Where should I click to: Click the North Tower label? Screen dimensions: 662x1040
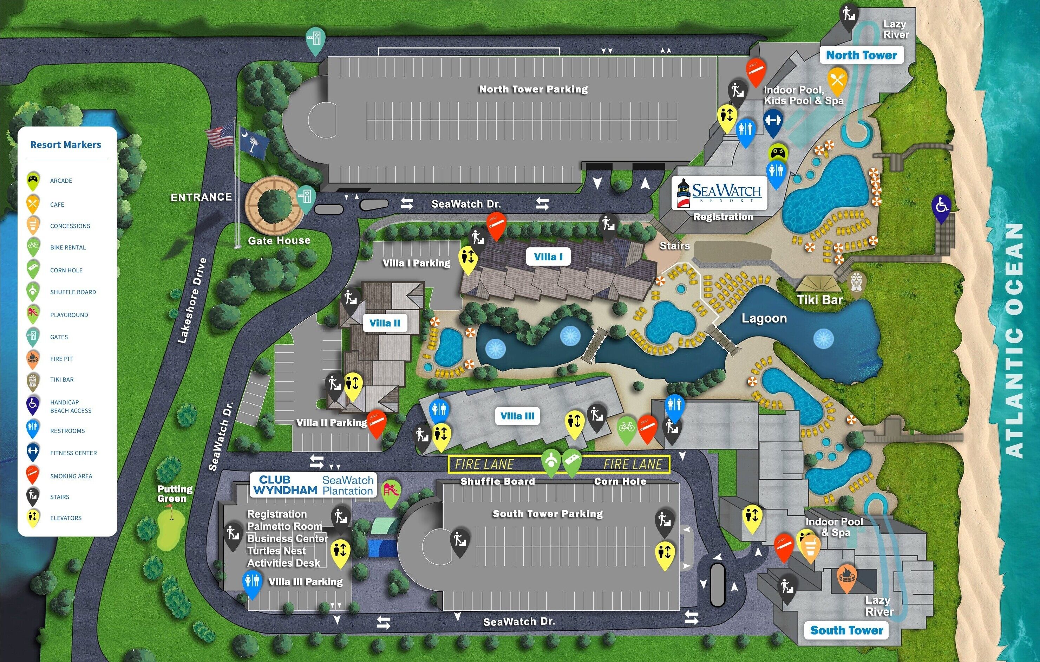[861, 55]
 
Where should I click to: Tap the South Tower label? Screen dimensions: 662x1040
[846, 630]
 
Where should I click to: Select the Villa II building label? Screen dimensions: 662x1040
[385, 323]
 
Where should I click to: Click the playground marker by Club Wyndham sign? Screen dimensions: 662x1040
[392, 492]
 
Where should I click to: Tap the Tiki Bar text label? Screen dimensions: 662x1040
[820, 299]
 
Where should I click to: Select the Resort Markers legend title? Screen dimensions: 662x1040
[66, 145]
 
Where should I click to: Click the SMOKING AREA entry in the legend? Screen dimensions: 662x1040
[71, 476]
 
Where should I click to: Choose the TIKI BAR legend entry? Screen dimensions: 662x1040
[62, 379]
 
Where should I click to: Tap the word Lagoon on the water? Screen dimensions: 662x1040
[764, 318]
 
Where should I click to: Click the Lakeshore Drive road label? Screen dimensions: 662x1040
[192, 301]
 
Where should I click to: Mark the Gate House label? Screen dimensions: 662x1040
[279, 240]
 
